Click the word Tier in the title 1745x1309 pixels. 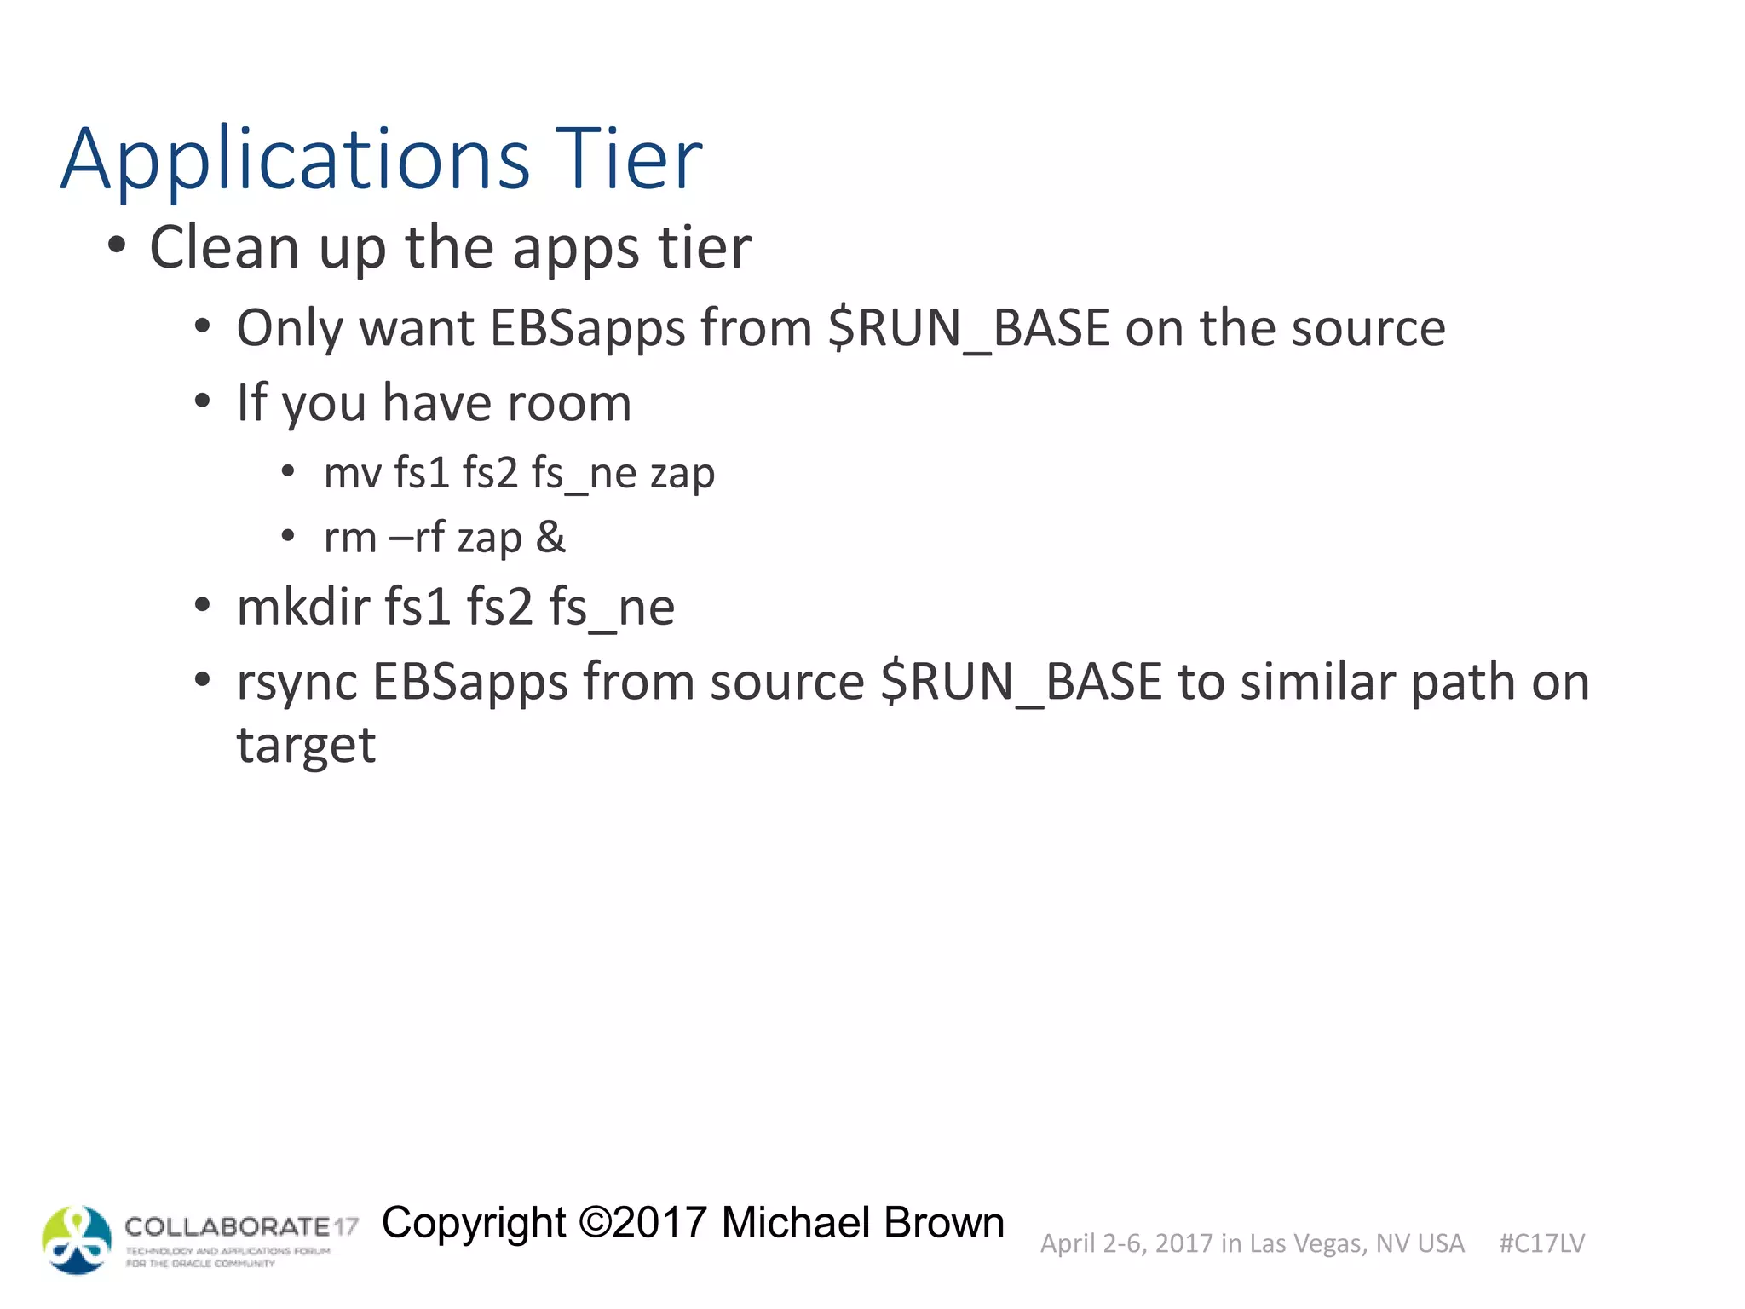tap(629, 159)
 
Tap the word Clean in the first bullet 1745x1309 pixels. tap(224, 248)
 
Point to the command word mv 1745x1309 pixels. tap(352, 474)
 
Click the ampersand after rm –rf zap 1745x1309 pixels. tap(550, 537)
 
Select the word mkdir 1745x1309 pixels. tap(303, 607)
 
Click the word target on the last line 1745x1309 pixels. tap(306, 746)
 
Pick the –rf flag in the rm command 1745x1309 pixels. tap(417, 537)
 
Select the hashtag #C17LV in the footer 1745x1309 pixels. tap(1541, 1243)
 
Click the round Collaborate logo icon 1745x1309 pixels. tap(77, 1240)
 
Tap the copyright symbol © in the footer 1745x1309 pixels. tap(595, 1223)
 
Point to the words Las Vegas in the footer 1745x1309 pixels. tap(1308, 1243)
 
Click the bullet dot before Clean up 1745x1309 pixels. tap(118, 246)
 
